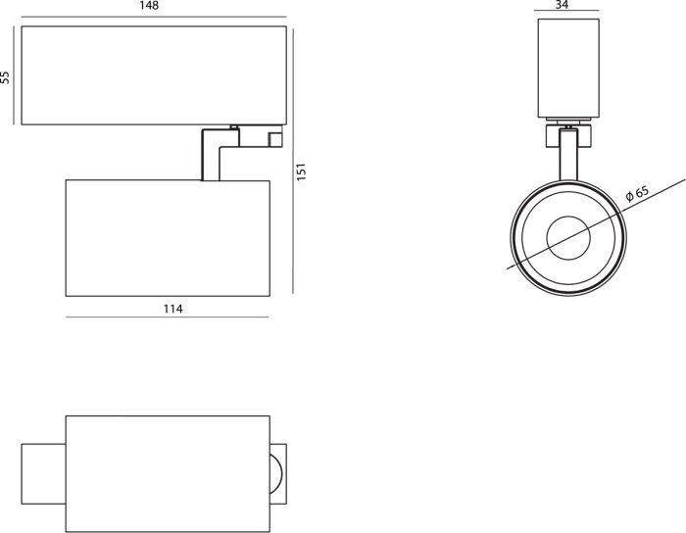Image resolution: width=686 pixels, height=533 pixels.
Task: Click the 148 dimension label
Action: pyautogui.click(x=149, y=6)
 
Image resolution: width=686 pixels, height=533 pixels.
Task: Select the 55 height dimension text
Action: pyautogui.click(x=5, y=77)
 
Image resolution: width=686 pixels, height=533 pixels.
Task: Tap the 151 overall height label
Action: pyautogui.click(x=302, y=171)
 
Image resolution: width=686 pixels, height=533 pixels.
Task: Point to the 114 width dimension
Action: pyautogui.click(x=172, y=309)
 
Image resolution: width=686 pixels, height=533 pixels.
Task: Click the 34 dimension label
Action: pyautogui.click(x=562, y=5)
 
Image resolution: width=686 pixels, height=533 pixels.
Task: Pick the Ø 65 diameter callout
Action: pyautogui.click(x=637, y=193)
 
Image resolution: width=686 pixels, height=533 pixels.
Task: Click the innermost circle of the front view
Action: pyautogui.click(x=568, y=238)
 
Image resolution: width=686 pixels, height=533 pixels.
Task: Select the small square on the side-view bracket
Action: pyautogui.click(x=275, y=139)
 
